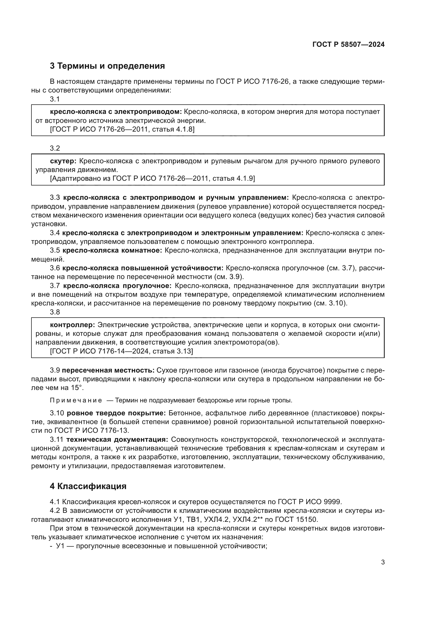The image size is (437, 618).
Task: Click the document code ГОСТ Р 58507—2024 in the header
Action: (348, 44)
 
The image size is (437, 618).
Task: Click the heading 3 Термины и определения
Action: (107, 66)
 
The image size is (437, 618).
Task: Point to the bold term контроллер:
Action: (72, 325)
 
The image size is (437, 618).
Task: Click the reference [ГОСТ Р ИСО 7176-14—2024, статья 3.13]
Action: (121, 351)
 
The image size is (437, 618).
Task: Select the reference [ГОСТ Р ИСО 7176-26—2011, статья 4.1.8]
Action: (122, 129)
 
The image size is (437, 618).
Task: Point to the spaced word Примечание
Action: (76, 401)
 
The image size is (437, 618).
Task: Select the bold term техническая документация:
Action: (117, 440)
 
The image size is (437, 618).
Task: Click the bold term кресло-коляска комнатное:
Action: (112, 250)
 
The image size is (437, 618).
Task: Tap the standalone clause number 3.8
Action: (55, 312)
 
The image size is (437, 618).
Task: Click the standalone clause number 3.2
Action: (55, 148)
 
